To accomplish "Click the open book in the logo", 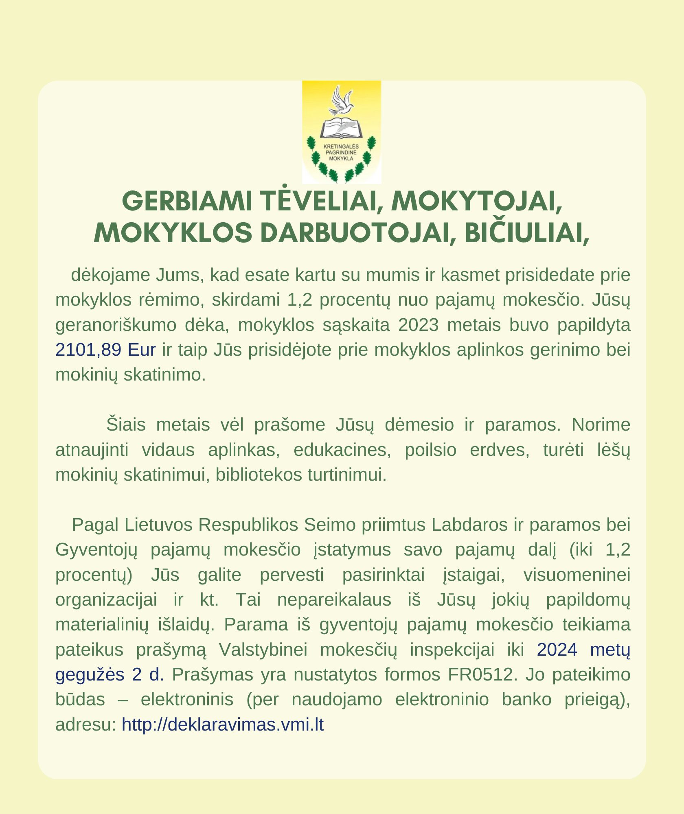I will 341,128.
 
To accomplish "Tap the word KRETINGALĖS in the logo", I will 341,147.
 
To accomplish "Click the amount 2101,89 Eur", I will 105,350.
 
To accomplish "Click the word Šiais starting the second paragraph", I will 126,425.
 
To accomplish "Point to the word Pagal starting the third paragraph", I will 95,525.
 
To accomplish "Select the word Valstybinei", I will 263,650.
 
